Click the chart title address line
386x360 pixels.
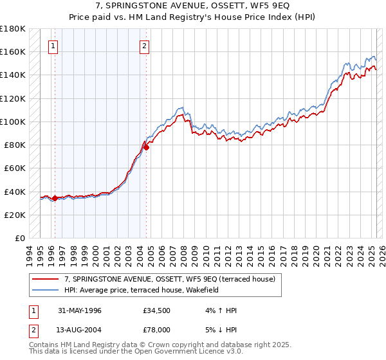pos(193,6)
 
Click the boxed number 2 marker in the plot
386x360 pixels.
pos(145,46)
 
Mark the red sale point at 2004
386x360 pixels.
pos(147,147)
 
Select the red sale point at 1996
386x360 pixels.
pos(55,198)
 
